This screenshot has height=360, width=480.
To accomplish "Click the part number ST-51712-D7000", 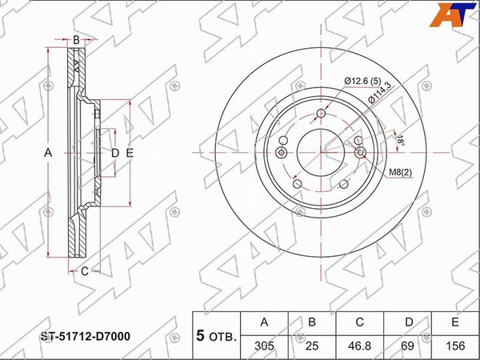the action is pos(86,337).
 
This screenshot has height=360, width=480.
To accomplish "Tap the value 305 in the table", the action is pos(264,346).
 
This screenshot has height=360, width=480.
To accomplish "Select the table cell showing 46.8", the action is pos(359,346).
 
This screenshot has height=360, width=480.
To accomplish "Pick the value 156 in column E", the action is pos(455,346).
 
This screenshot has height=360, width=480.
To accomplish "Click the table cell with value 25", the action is pos(312,346).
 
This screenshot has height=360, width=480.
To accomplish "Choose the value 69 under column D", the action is pos(407,346).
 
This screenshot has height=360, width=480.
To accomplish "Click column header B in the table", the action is pos(312,322).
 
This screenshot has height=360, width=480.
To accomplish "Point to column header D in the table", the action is pos(409,322).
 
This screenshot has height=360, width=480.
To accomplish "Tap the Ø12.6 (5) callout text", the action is pos(362,81).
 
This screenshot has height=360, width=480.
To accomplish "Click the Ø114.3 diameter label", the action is pos(380,93).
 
